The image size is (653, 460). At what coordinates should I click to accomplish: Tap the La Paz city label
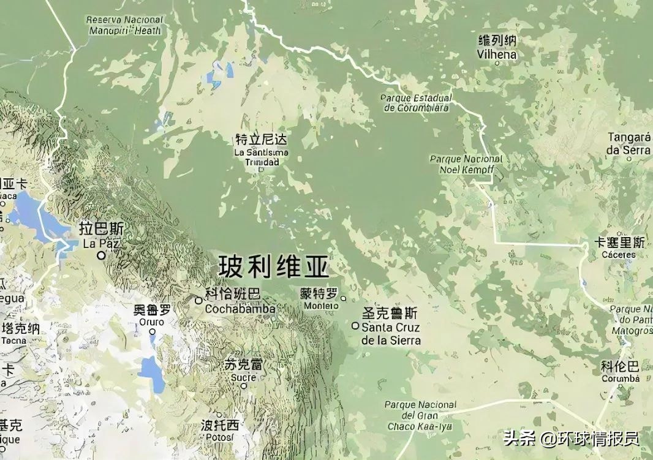coord(102,236)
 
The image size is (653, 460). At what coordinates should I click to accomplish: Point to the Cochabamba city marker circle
coord(198,300)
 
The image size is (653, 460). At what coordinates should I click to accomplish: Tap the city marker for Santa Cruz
coord(355,326)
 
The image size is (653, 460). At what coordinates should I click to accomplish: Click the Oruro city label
coord(151,315)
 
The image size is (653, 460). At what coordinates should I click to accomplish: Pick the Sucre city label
coord(243,371)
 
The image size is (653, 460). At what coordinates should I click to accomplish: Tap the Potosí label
coord(219,431)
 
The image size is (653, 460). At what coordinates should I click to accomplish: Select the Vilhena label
coord(497,48)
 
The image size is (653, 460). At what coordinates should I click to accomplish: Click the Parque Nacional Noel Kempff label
coord(466,163)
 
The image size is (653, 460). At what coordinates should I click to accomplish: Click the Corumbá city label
coord(620,372)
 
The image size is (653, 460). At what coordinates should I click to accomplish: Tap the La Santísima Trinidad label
coord(262,150)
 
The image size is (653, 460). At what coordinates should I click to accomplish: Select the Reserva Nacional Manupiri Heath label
coord(125,25)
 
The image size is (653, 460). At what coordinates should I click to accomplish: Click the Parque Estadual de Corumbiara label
coord(417,103)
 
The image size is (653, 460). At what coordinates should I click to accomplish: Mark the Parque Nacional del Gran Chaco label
coord(420,415)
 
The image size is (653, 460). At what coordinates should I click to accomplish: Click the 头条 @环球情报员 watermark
coord(571,439)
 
